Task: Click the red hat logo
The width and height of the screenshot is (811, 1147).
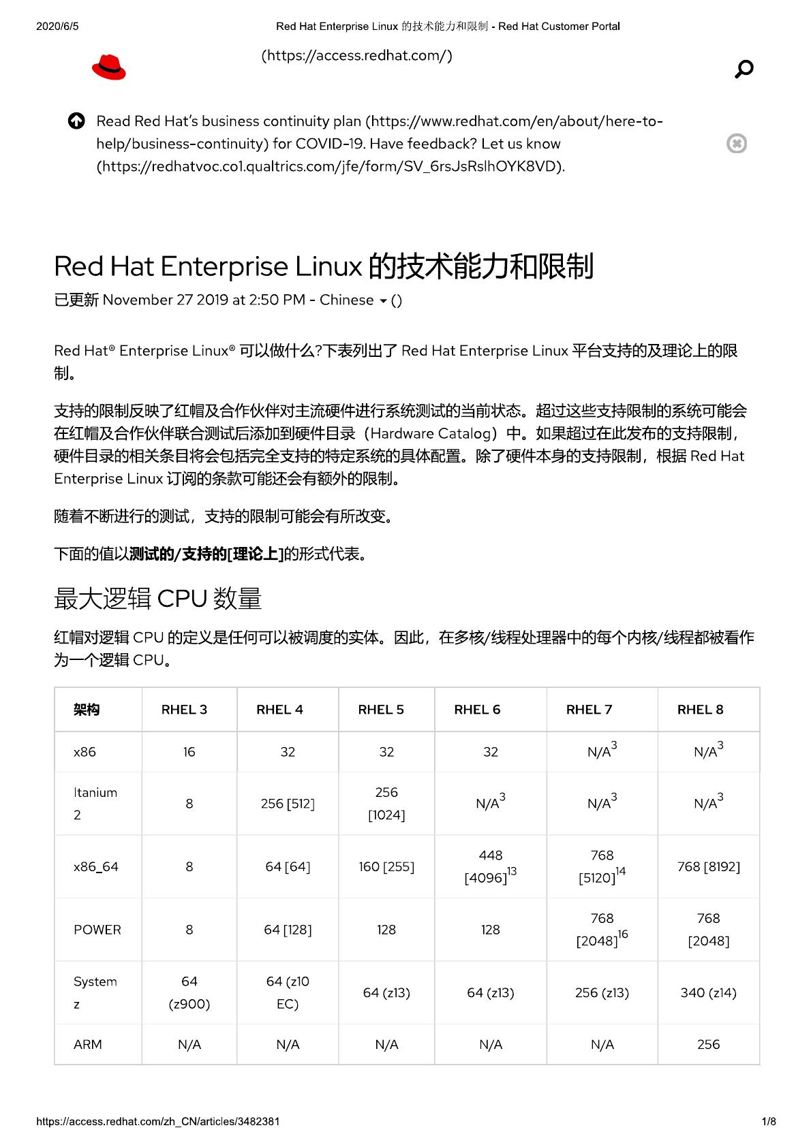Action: point(109,67)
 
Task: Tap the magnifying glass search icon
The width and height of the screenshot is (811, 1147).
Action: point(744,69)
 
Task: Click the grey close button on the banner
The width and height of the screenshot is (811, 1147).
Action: point(736,144)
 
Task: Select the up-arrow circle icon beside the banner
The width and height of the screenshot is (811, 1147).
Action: point(76,121)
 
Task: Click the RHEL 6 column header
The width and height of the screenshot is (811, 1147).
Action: point(477,709)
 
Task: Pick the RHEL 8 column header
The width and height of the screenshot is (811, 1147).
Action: point(700,709)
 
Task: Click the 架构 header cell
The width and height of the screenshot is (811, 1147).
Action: point(87,709)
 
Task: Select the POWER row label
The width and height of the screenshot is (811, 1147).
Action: point(97,930)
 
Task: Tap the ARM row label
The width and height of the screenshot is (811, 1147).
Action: point(88,1044)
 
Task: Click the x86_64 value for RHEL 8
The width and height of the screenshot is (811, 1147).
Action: point(708,866)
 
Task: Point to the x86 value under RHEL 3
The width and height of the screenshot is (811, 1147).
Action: point(189,752)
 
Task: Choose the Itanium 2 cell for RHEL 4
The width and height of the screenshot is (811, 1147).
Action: point(288,804)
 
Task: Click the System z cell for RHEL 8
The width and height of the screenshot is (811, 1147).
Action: point(708,992)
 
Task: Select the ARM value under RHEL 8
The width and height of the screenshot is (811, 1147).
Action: point(708,1044)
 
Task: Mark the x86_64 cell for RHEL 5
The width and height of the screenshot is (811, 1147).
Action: point(386,866)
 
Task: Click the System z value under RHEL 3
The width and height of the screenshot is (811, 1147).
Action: point(189,992)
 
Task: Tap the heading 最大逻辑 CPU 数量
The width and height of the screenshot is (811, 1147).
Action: point(157,598)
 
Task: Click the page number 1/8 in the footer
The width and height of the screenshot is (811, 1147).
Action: point(768,1121)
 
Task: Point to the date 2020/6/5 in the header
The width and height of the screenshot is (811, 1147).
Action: point(57,27)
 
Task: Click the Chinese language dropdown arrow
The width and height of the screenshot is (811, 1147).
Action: point(383,301)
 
